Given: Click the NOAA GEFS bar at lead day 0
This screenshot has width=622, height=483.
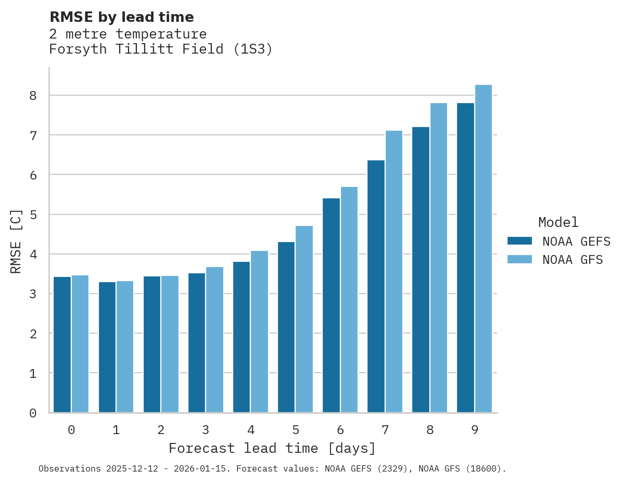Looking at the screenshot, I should pos(62,345).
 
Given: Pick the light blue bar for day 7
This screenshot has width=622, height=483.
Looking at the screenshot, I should pos(393,271).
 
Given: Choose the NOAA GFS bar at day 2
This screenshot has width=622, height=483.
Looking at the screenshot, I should pos(170,344).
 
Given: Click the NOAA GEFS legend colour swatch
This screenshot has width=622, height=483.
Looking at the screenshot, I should pos(519,241).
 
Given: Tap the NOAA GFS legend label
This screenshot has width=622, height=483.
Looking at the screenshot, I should pos(573,260).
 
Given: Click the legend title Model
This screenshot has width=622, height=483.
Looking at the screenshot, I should pos(558,222).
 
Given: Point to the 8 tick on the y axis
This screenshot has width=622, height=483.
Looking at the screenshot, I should pos(33,96).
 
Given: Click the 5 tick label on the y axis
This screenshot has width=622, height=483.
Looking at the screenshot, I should pos(33,214).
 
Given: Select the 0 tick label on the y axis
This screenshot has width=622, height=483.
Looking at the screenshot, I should pos(33,413).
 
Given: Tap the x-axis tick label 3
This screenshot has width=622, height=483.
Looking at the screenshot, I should pos(206,430).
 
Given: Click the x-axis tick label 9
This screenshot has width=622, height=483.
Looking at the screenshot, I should pos(474,430).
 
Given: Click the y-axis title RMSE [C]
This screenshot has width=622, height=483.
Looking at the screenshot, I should pos(16,241).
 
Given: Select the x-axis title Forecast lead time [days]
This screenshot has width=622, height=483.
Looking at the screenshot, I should pos(272,448).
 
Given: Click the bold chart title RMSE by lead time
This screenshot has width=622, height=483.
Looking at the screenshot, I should pos(121,17).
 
